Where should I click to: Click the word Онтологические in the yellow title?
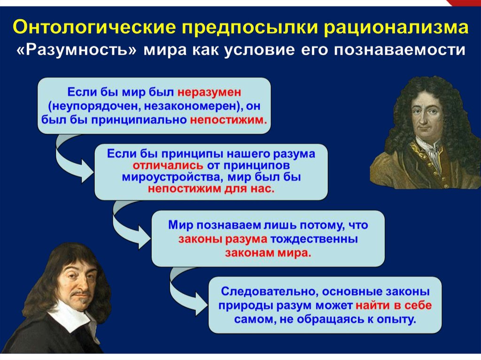pyautogui.click(x=94, y=28)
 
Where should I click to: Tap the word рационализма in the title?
pyautogui.click(x=396, y=28)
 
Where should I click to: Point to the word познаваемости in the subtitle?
pyautogui.click(x=400, y=50)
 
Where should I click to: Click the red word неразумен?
pyautogui.click(x=209, y=92)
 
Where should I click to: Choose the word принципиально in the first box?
pyautogui.click(x=139, y=120)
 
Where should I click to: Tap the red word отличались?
pyautogui.click(x=168, y=166)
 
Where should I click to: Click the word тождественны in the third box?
pyautogui.click(x=314, y=239)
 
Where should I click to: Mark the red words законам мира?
pyautogui.click(x=268, y=253)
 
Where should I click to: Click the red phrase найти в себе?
pyautogui.click(x=394, y=306)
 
